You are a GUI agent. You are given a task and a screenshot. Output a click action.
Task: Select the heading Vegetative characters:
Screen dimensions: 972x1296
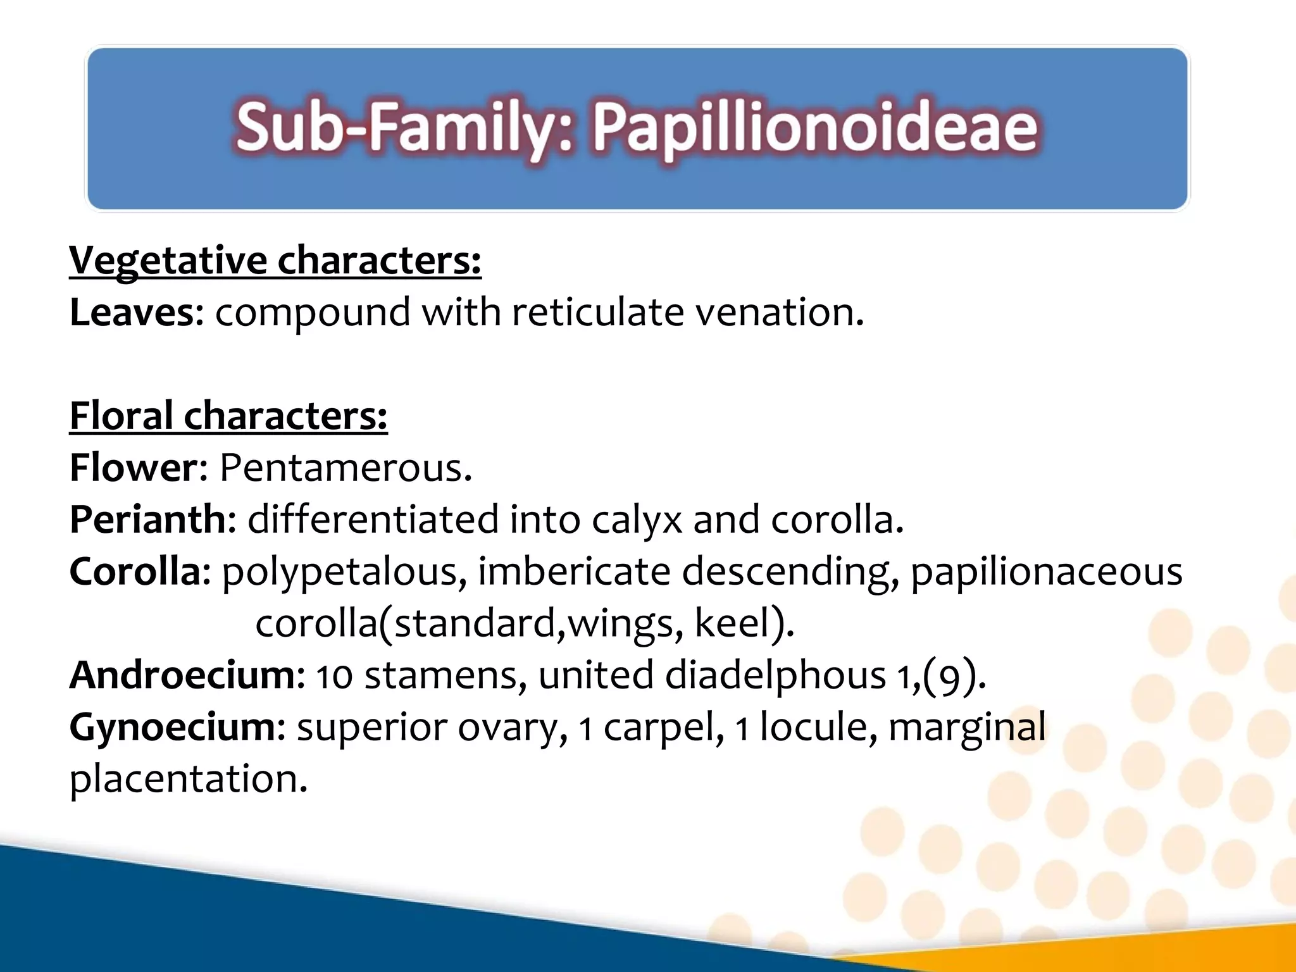275,260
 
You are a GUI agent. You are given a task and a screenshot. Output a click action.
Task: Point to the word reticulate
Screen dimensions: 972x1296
597,313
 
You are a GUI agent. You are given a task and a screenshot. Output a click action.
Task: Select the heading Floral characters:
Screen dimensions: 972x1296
228,416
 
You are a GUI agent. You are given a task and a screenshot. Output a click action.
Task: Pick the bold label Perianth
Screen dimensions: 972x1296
147,520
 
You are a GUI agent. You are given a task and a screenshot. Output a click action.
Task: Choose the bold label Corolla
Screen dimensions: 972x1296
135,572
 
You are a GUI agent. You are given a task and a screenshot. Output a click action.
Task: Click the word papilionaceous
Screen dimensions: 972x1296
1045,572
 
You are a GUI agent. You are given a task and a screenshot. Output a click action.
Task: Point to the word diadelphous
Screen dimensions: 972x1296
775,675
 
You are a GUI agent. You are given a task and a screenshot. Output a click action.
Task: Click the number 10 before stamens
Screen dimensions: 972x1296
333,676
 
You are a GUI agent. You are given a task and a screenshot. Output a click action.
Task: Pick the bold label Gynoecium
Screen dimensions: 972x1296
172,728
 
